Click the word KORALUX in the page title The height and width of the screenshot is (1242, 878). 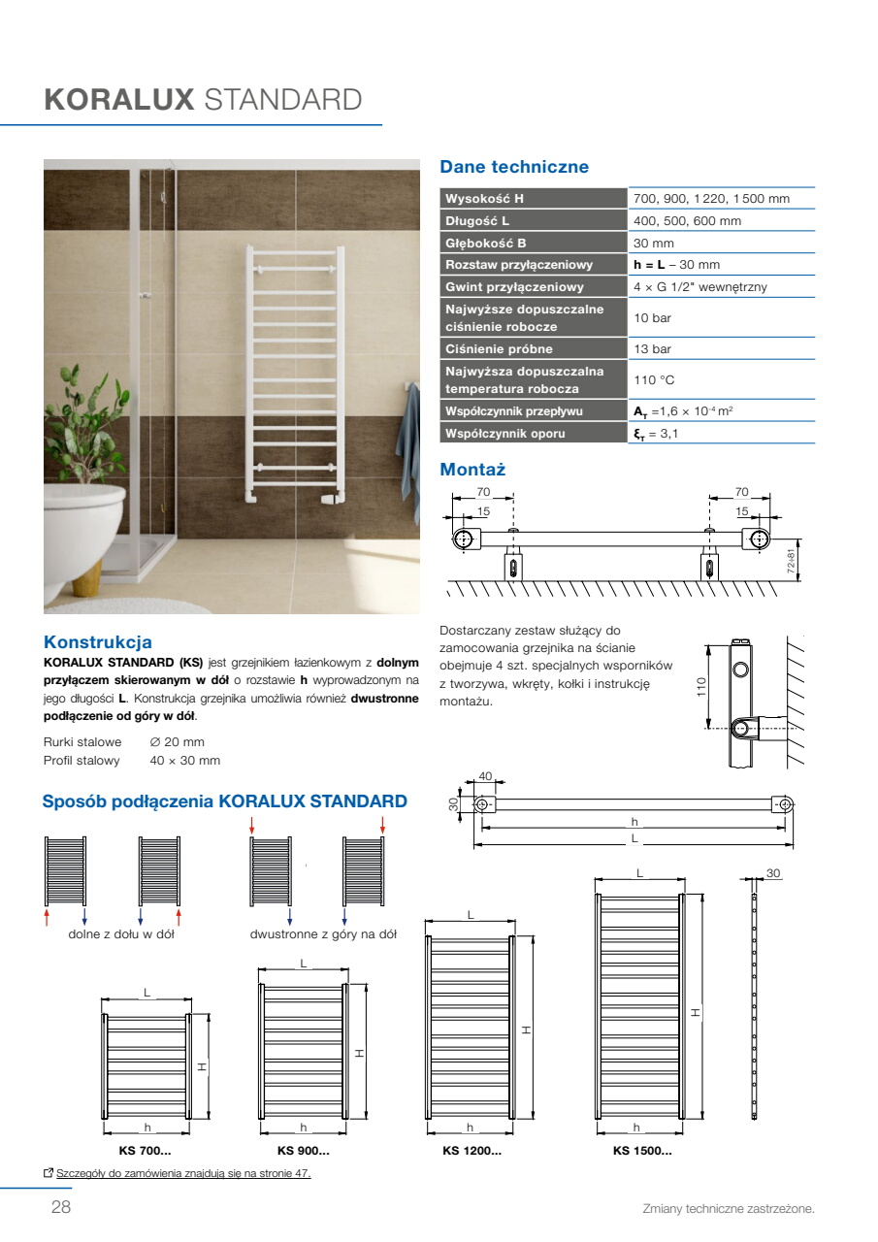click(119, 100)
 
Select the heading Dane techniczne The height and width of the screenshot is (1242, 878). click(514, 166)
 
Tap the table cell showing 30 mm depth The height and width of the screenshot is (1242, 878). click(654, 243)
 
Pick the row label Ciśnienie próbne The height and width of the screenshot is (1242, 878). click(499, 348)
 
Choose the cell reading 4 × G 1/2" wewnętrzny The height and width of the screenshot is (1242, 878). click(700, 286)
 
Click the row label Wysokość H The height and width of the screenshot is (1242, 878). click(484, 199)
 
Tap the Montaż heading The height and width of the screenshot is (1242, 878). click(472, 469)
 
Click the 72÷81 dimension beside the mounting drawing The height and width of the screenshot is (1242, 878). click(791, 561)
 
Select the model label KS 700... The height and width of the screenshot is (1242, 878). click(145, 1151)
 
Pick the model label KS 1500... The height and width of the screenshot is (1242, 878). click(642, 1151)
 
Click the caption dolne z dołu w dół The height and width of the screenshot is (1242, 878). click(121, 934)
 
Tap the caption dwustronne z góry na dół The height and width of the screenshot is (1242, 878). click(323, 934)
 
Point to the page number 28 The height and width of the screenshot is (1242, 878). click(61, 1206)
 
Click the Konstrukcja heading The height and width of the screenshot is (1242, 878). click(98, 642)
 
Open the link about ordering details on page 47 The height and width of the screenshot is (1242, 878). click(183, 1173)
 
